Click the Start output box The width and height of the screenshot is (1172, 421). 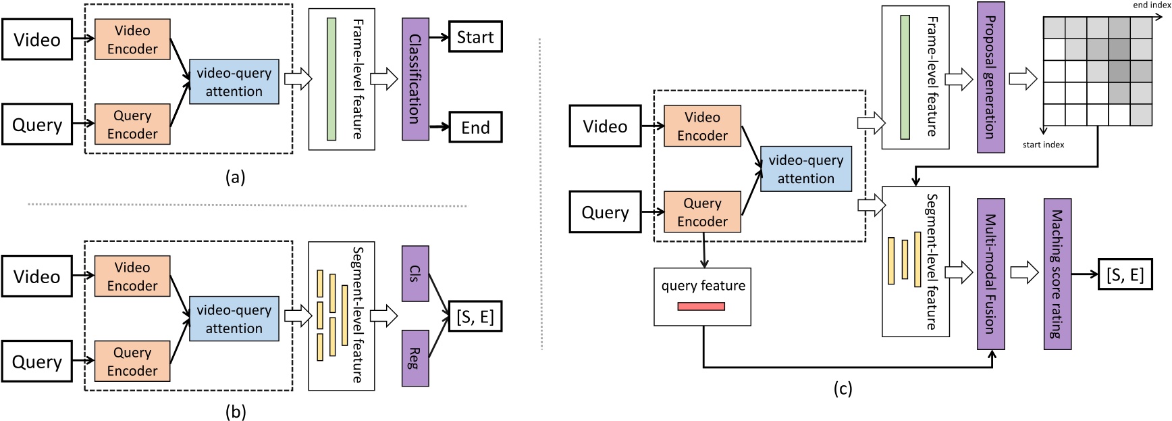[475, 37]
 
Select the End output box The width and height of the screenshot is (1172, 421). [475, 127]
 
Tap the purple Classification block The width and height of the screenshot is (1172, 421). [415, 79]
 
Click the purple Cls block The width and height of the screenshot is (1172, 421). [415, 273]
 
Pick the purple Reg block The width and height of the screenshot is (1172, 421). [415, 358]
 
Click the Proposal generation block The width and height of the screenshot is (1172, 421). [990, 77]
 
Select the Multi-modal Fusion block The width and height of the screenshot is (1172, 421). [990, 273]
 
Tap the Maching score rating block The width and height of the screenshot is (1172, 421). [1057, 273]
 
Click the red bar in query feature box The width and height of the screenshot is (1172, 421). [701, 307]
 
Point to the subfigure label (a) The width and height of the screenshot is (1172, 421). [235, 178]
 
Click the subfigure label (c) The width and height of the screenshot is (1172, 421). [843, 389]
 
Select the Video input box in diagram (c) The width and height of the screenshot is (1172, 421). [605, 126]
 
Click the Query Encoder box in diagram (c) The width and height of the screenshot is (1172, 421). [702, 212]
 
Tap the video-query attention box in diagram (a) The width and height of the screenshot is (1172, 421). [234, 82]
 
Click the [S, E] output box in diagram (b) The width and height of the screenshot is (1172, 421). [475, 316]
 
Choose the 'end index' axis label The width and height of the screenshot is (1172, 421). [1151, 5]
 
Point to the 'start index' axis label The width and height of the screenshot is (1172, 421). [1043, 145]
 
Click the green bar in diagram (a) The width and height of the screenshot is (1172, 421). [331, 79]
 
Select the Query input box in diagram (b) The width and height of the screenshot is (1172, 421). [36, 362]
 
